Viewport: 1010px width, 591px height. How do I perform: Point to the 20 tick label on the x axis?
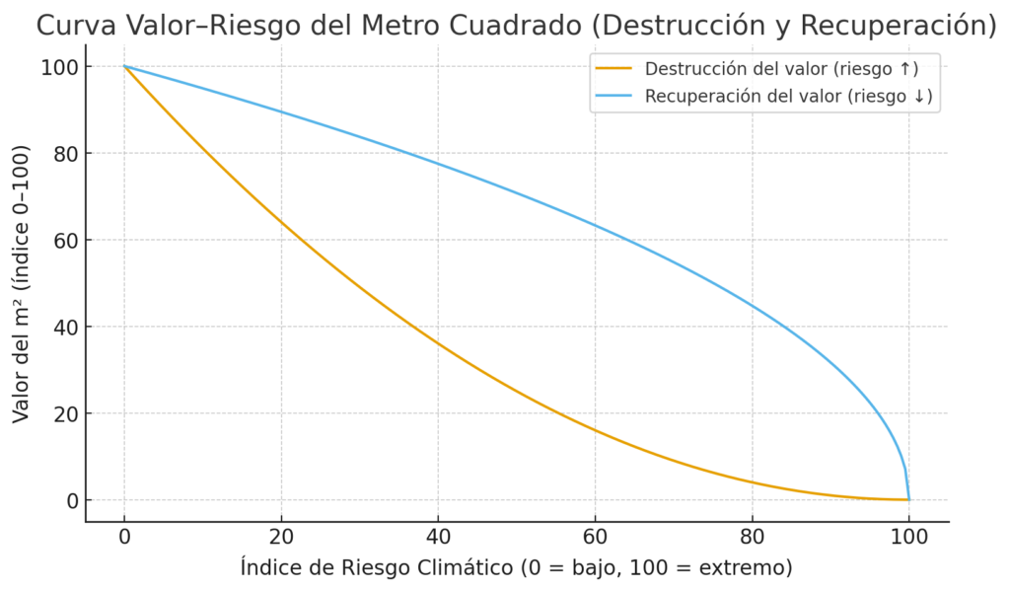[281, 539]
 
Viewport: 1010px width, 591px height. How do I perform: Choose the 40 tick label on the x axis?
[438, 539]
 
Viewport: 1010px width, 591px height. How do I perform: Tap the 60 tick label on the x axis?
[595, 539]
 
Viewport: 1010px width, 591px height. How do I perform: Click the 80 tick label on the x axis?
[752, 539]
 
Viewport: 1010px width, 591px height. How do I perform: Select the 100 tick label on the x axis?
[908, 539]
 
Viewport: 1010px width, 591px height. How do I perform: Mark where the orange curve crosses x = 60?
[595, 430]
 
